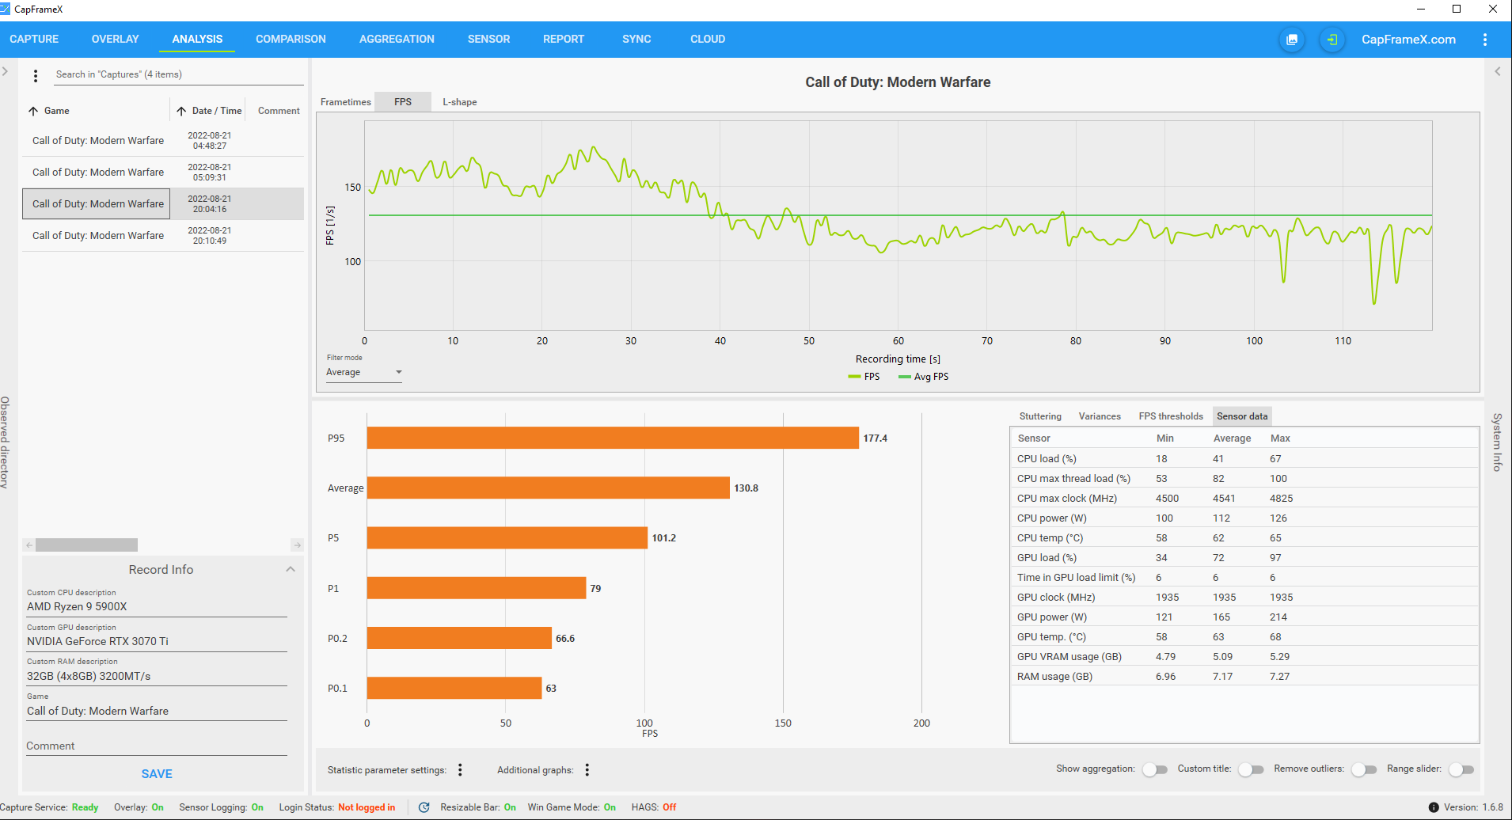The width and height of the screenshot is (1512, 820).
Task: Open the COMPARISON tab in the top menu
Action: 291,39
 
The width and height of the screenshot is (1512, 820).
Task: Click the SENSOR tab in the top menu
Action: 488,39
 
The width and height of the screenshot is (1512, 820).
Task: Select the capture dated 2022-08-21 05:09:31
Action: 163,172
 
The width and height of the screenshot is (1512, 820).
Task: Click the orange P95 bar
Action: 613,438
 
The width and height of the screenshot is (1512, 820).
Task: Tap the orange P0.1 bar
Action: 454,688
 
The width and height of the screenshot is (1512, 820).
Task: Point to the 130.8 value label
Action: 746,488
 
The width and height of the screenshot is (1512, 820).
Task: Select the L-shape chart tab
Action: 459,102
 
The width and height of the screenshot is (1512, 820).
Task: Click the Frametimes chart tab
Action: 345,102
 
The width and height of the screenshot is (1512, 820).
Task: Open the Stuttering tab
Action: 1040,416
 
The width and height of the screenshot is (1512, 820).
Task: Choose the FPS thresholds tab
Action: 1171,416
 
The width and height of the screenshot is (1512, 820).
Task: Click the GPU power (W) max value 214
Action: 1278,617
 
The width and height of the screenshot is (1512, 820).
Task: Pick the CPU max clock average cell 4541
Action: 1224,499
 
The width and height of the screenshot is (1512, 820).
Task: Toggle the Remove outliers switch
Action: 1364,769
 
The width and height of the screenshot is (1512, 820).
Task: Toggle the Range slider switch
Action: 1461,769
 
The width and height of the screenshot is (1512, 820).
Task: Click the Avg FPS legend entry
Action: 924,377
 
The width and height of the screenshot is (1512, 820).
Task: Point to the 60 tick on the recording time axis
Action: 898,341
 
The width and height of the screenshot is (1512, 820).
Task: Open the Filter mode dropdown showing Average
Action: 364,372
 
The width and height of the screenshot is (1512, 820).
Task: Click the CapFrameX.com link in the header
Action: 1408,40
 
